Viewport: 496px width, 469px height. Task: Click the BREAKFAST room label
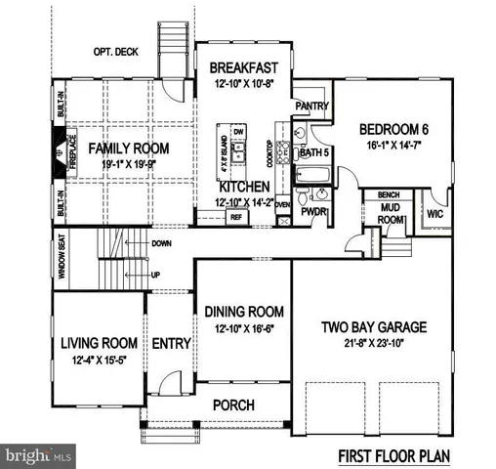(244, 67)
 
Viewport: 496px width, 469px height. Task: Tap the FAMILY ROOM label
(130, 149)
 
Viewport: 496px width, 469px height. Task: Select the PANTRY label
(310, 106)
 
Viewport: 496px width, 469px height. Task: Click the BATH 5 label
(314, 151)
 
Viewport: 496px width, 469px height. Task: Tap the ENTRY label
(169, 344)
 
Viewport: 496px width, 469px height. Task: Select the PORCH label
(233, 405)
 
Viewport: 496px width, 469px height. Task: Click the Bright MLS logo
(37, 455)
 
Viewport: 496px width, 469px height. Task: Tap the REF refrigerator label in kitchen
(236, 217)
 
